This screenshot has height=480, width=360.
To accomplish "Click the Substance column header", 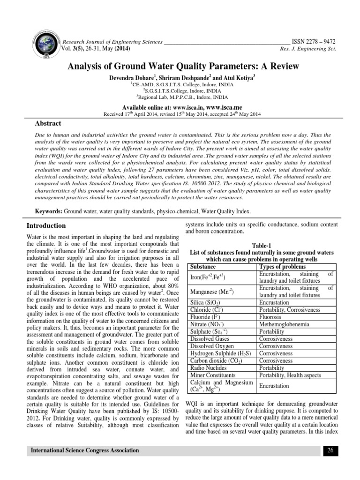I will coord(204,266).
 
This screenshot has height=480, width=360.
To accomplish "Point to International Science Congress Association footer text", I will coord(85,450).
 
